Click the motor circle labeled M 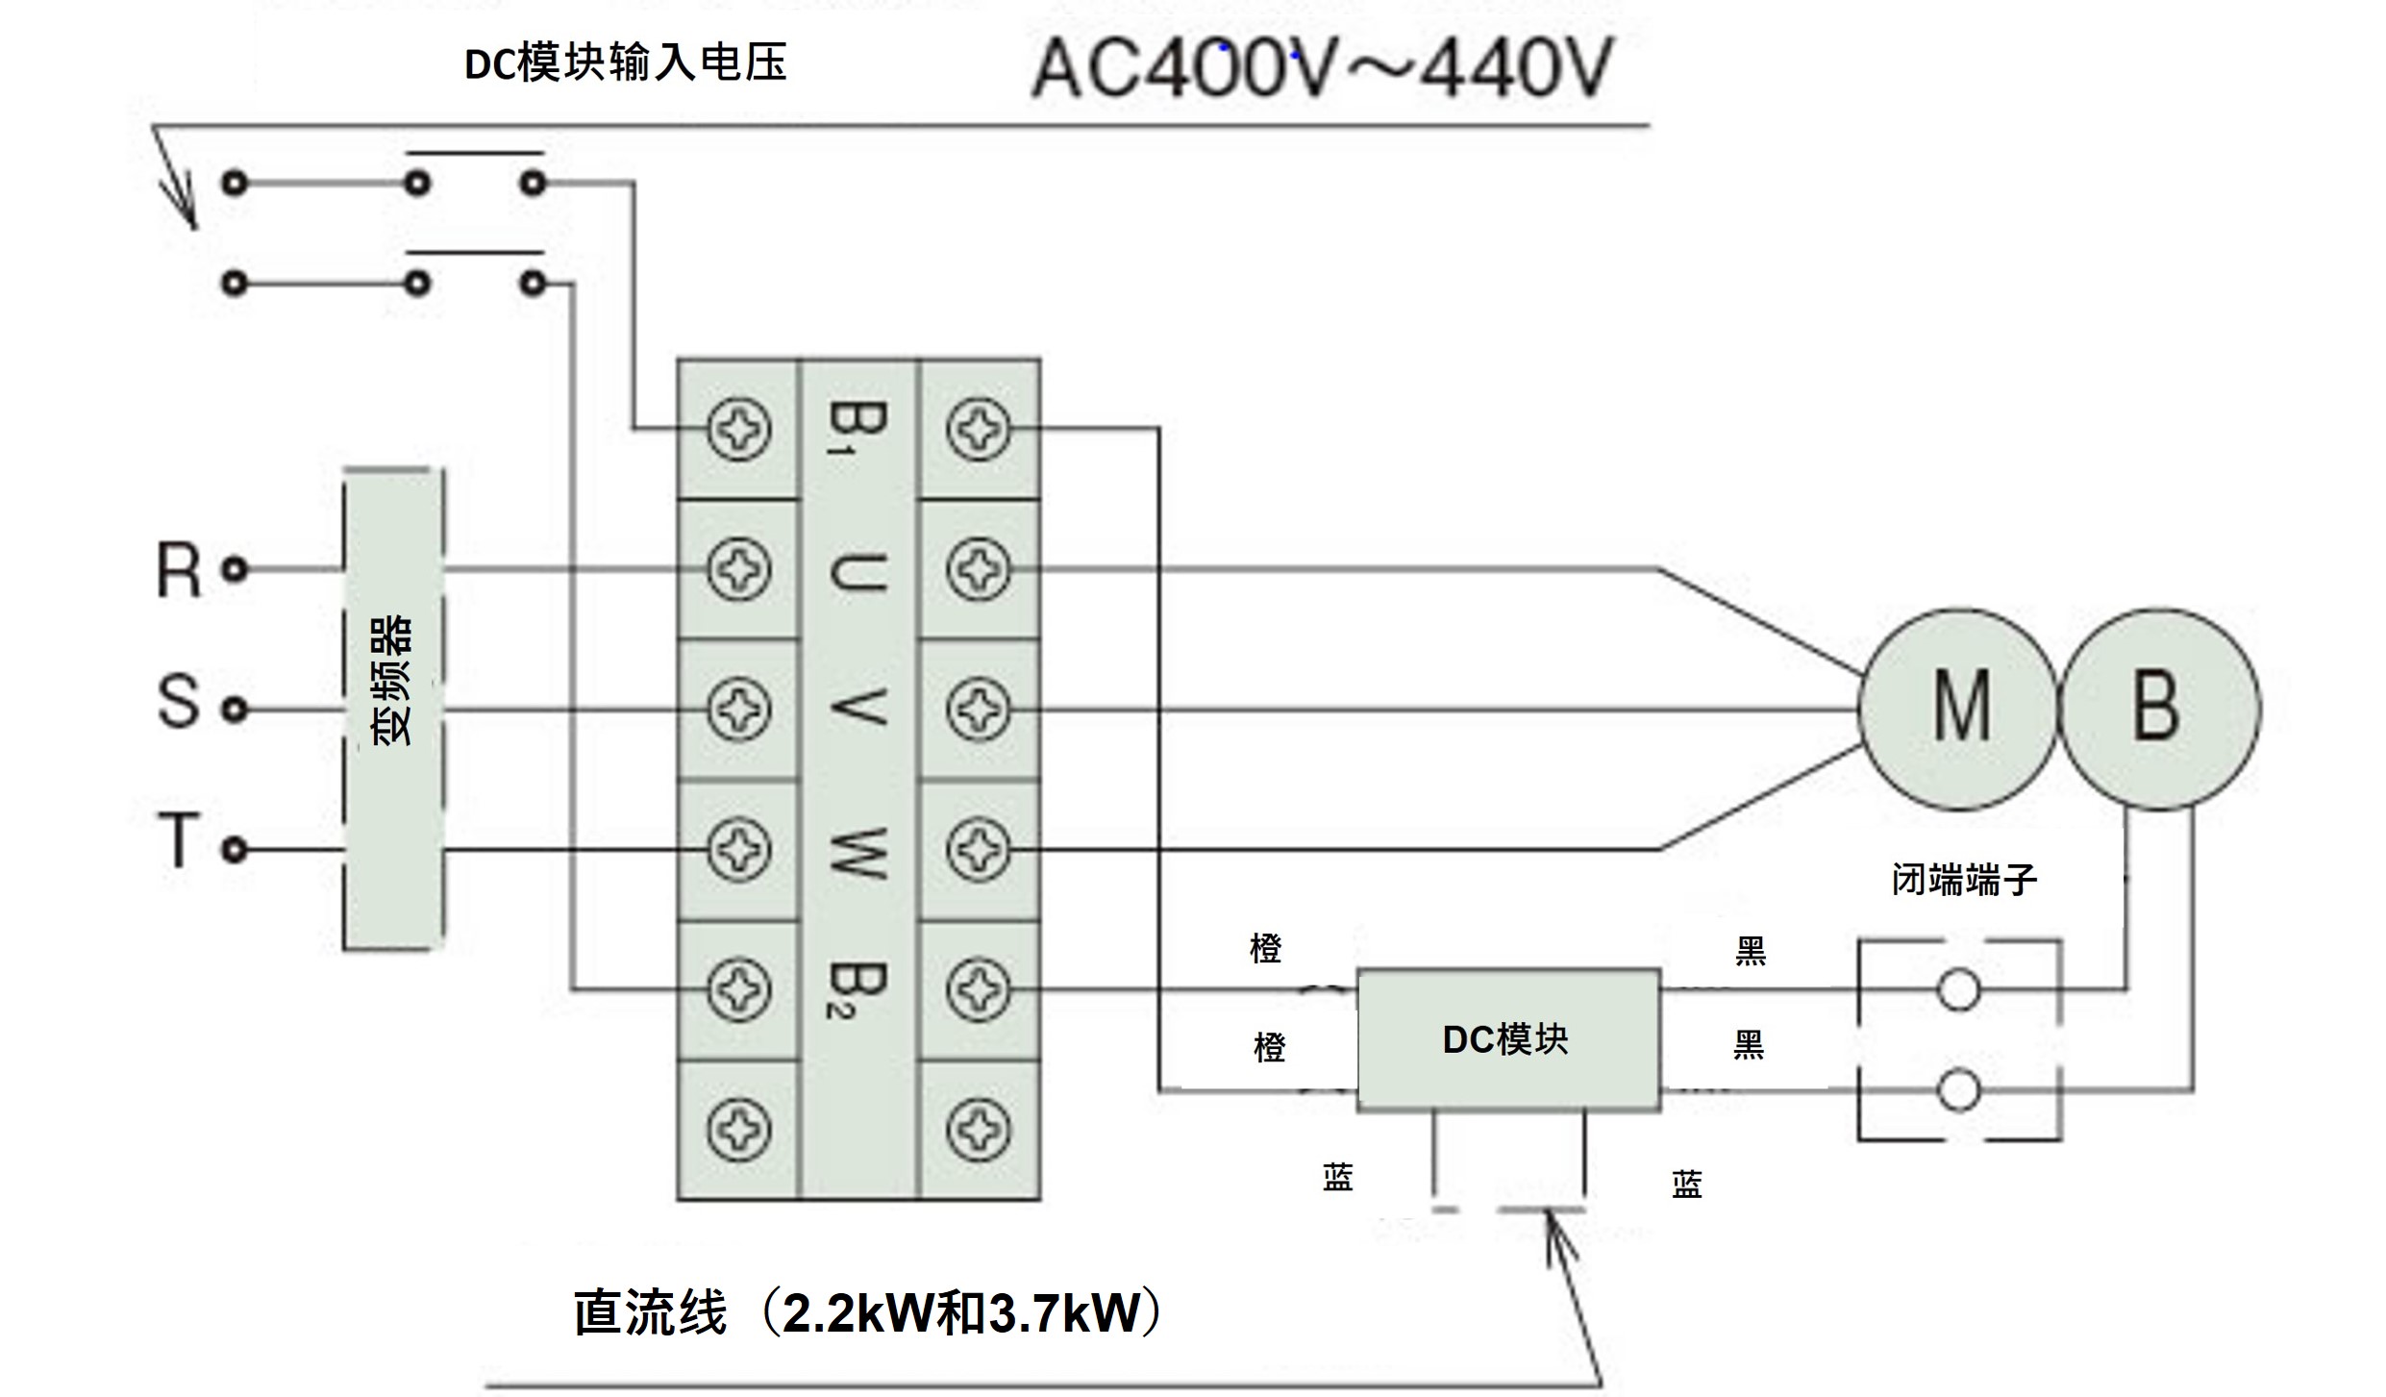point(1959,709)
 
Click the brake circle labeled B point(2158,709)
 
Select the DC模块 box point(1507,1040)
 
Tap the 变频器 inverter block point(393,710)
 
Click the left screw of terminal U point(738,569)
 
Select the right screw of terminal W point(978,850)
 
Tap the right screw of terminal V point(978,710)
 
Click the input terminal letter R point(179,571)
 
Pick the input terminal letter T point(179,840)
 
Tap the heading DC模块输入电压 point(626,63)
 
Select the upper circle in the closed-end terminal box point(1958,989)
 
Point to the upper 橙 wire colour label point(1265,949)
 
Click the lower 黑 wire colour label point(1749,1044)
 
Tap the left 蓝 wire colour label point(1337,1177)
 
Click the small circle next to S point(235,711)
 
